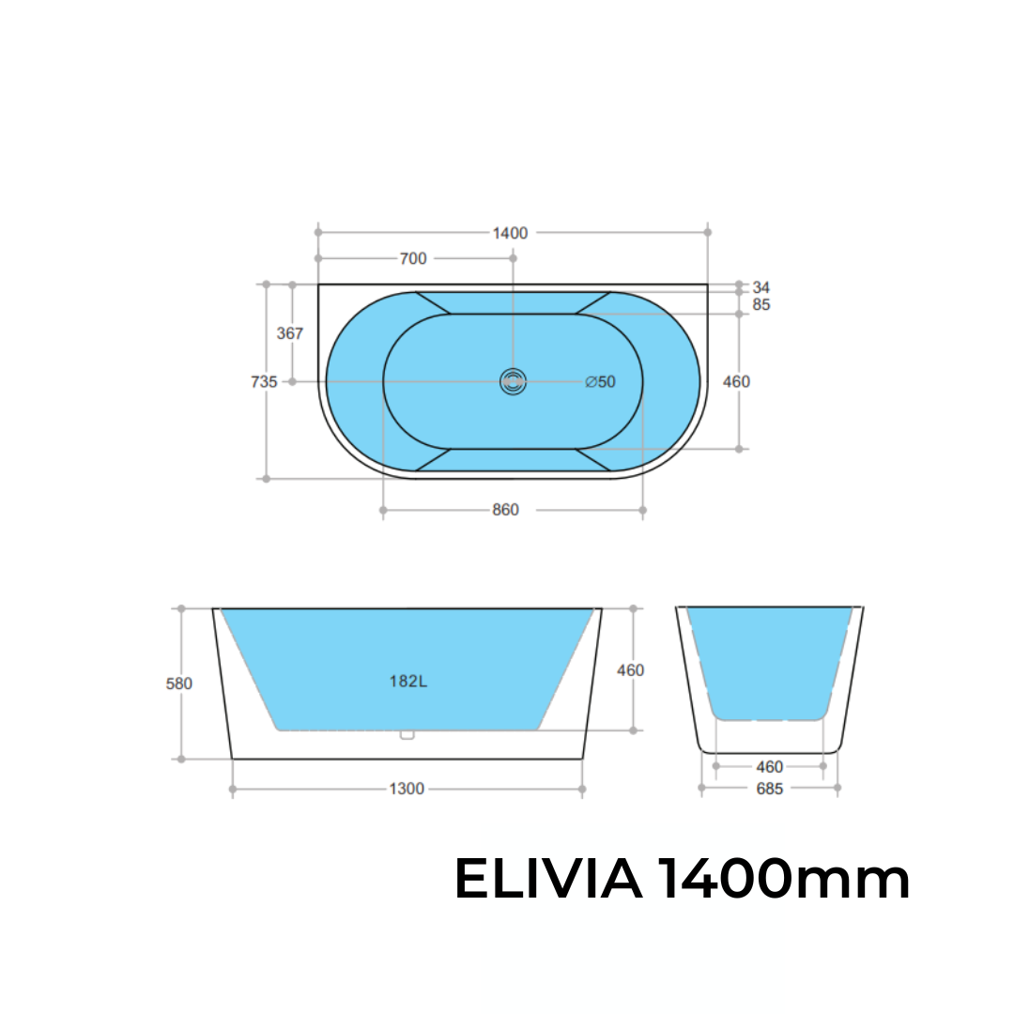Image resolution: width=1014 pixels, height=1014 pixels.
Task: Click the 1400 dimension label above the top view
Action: point(511,233)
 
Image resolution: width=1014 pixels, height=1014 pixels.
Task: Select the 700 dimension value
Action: point(413,259)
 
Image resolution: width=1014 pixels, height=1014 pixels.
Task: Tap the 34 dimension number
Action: point(760,287)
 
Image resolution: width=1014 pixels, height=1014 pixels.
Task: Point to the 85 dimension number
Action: point(760,305)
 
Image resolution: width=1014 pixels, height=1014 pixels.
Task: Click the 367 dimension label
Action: point(290,333)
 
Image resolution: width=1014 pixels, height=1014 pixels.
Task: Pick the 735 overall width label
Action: point(264,382)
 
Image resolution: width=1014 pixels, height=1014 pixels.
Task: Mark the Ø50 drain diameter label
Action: point(600,382)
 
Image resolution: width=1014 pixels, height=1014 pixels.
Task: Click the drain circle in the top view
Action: point(513,381)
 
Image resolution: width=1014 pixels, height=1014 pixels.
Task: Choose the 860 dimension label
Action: point(505,511)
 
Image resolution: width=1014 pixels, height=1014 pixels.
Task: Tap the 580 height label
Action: point(179,684)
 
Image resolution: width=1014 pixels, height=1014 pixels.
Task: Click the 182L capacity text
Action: point(408,682)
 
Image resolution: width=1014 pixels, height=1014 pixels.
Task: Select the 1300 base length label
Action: point(407,790)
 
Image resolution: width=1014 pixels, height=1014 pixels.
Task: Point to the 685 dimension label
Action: point(769,789)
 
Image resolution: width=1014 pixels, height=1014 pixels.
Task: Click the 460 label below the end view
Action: point(769,767)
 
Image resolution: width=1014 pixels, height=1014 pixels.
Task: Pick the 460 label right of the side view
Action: point(630,670)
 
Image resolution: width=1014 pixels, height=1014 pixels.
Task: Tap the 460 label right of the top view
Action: point(736,382)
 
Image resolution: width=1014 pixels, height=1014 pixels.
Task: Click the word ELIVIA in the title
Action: point(548,881)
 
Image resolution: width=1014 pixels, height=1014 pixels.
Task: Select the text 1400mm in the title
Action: point(783,881)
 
